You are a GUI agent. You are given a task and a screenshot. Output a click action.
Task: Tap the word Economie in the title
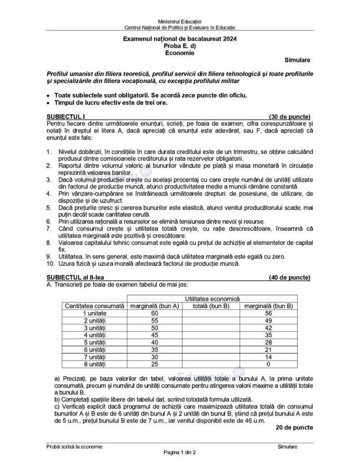[180, 53]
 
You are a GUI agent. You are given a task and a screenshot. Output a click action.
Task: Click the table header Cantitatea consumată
[94, 306]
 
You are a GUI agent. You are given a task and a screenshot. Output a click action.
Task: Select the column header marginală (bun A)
[155, 306]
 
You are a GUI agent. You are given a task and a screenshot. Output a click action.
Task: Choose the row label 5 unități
[94, 342]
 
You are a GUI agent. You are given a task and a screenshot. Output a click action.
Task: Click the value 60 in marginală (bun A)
[155, 313]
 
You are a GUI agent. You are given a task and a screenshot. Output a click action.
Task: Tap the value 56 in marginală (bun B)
[269, 313]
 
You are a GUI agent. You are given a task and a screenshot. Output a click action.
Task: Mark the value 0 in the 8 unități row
[269, 363]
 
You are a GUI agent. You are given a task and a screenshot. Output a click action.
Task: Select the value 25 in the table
[155, 363]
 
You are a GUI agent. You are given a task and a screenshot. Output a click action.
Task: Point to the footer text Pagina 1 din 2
[180, 452]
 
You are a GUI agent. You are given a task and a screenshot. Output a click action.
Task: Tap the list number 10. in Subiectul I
[51, 264]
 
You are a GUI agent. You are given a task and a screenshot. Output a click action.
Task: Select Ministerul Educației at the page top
[180, 21]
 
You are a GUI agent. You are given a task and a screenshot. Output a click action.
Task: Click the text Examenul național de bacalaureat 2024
[180, 39]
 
